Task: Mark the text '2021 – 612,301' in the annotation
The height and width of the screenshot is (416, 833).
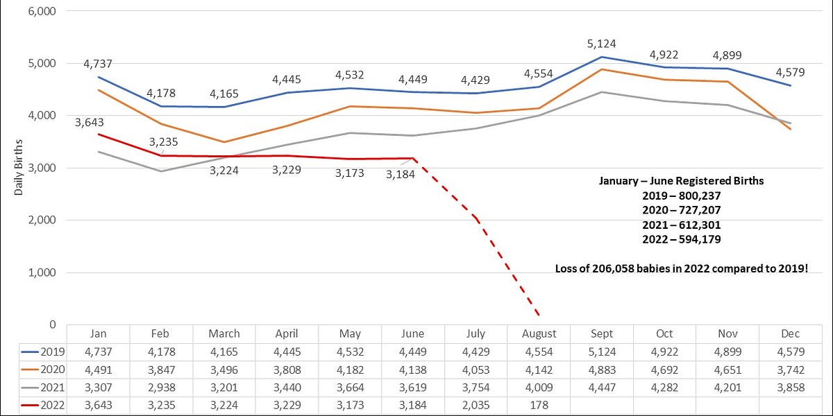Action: click(x=681, y=225)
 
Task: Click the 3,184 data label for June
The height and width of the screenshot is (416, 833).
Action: click(x=401, y=174)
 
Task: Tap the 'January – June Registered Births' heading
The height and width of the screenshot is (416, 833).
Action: click(x=681, y=181)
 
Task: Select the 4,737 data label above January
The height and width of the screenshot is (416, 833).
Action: click(x=98, y=64)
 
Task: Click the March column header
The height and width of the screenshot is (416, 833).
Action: click(x=224, y=333)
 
